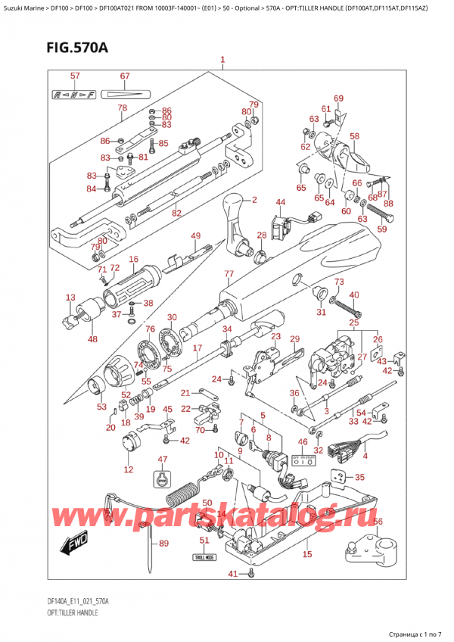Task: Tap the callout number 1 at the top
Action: (x=222, y=60)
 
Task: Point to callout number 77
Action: (x=228, y=273)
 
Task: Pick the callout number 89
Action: (x=163, y=544)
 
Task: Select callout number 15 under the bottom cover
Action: (x=306, y=555)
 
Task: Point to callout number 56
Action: (x=378, y=522)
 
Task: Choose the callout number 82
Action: (x=176, y=213)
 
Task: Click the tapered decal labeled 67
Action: (x=126, y=95)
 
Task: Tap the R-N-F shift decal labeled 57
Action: (x=74, y=95)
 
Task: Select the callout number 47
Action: (x=162, y=460)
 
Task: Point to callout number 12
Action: (x=129, y=470)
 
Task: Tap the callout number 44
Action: (x=280, y=202)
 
